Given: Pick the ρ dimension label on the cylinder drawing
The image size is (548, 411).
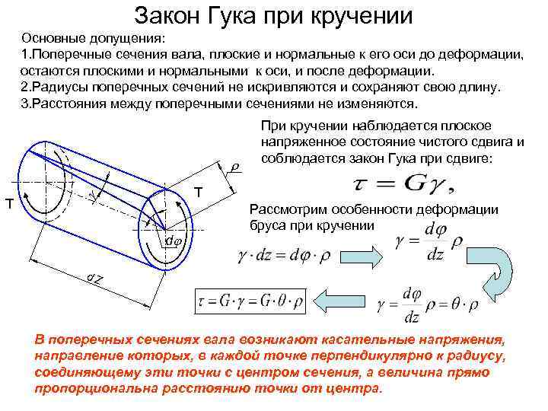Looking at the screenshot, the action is point(235,166).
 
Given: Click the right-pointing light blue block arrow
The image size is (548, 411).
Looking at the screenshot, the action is point(363,254).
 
